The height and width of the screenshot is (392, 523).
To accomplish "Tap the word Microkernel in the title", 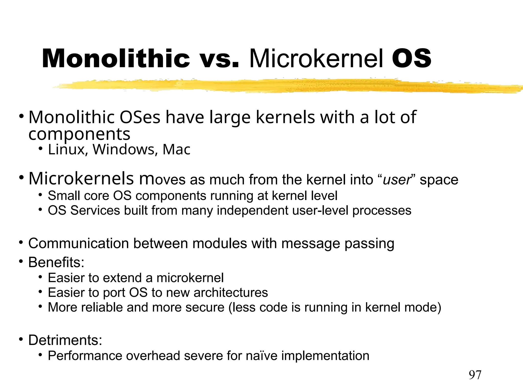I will click(316, 59).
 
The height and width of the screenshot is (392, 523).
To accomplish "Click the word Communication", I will click(78, 243).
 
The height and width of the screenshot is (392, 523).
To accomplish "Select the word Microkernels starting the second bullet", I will click(81, 178).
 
